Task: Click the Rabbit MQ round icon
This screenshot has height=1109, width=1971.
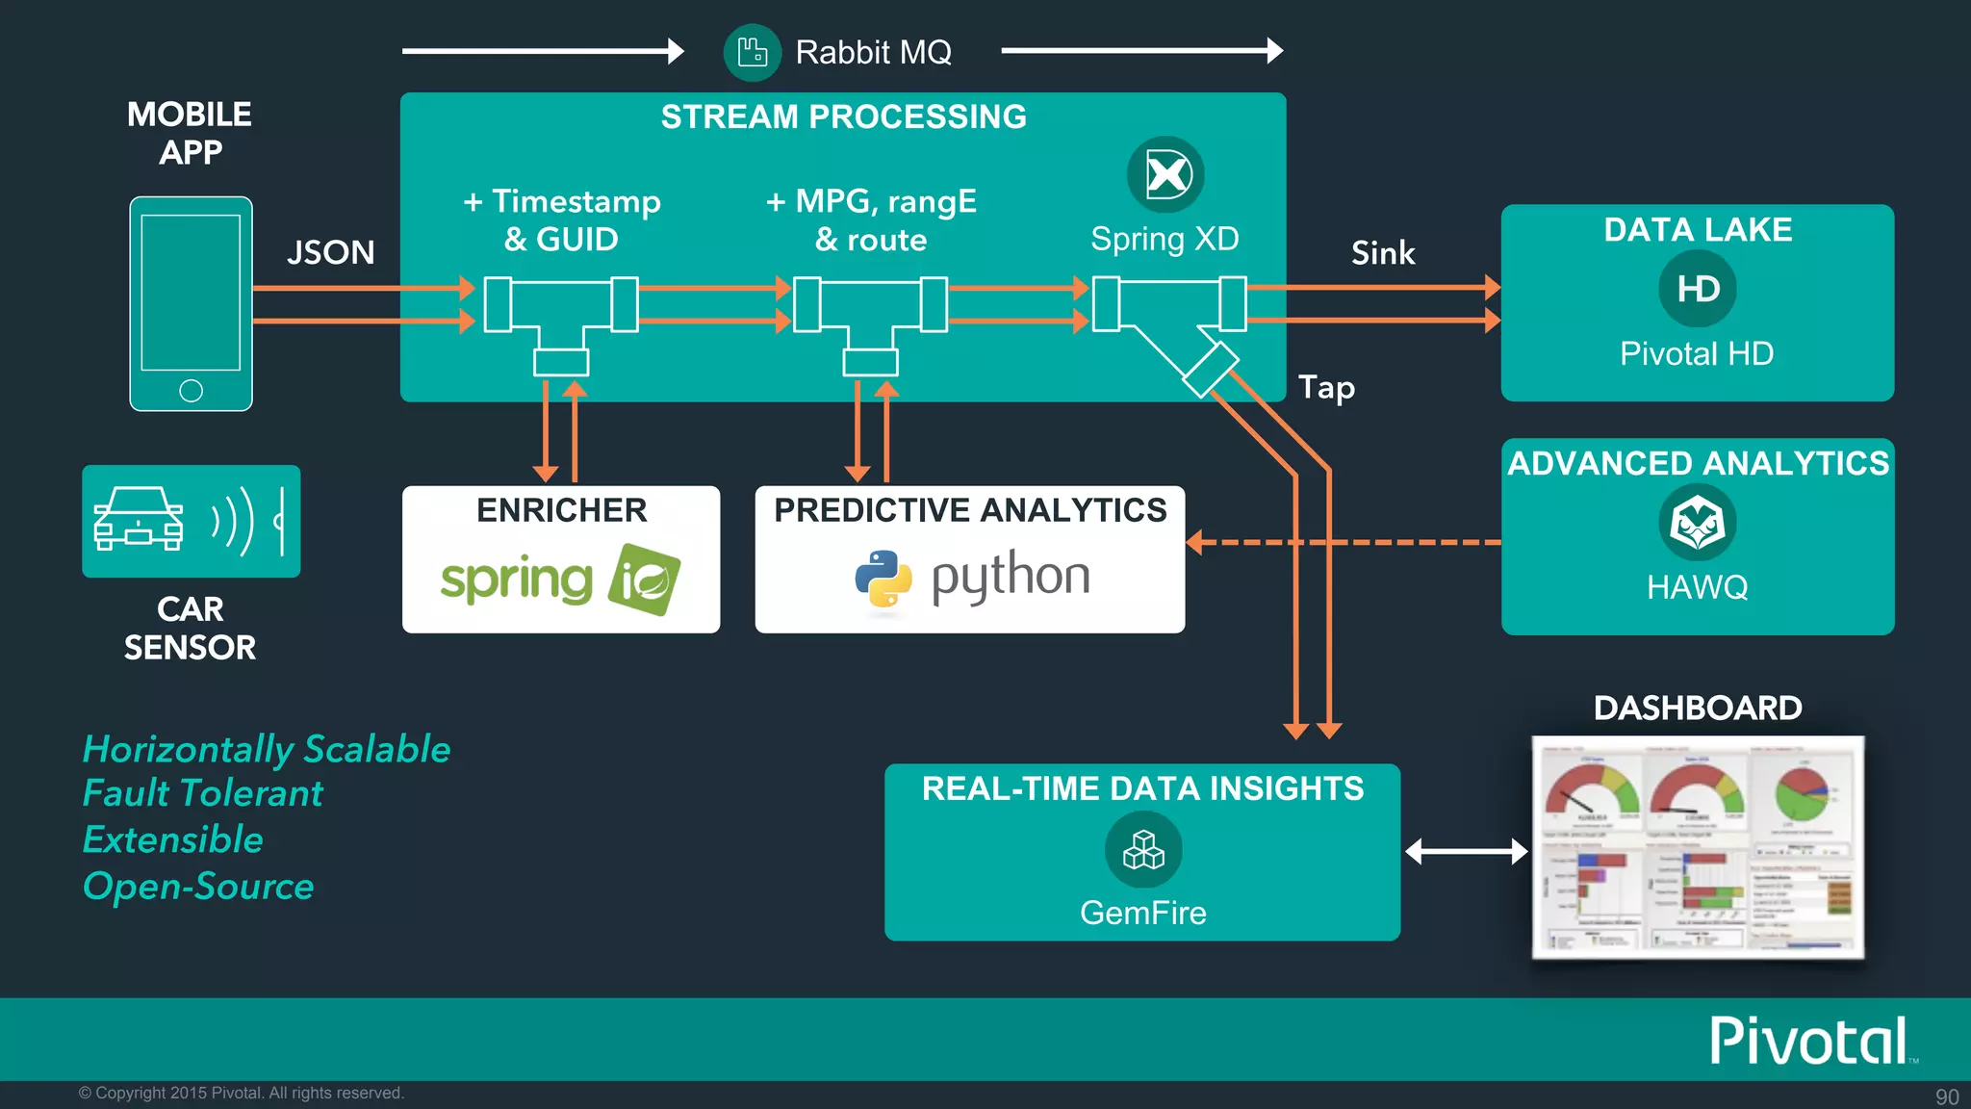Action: coord(752,52)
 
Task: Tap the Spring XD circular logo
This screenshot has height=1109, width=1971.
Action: coord(1165,174)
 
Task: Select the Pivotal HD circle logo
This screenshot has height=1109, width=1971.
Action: coord(1697,289)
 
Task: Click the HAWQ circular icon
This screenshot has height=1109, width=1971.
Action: coord(1697,524)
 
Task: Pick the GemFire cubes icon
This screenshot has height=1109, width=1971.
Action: coord(1143,850)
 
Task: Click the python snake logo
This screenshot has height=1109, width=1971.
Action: coord(883,579)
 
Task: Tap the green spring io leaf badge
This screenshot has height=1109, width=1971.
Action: coord(644,580)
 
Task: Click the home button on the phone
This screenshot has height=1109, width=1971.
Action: coord(191,391)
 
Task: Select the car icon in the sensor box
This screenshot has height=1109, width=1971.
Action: coord(138,520)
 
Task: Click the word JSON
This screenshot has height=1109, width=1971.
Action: coord(330,252)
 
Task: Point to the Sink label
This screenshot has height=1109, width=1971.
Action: coord(1383,253)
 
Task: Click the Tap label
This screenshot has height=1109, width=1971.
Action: coord(1326,387)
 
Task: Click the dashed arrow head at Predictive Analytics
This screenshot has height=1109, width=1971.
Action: coord(1195,543)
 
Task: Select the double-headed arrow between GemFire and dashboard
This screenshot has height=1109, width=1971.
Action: coord(1466,851)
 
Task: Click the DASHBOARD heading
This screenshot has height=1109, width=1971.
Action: coord(1697,708)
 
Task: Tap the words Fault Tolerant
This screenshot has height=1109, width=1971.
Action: coord(202,793)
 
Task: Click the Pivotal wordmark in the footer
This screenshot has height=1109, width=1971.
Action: coord(1808,1041)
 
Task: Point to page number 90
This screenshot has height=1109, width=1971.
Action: coord(1946,1096)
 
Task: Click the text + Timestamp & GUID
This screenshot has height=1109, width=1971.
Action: coord(562,219)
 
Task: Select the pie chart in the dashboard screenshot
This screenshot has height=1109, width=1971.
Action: coord(1801,794)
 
